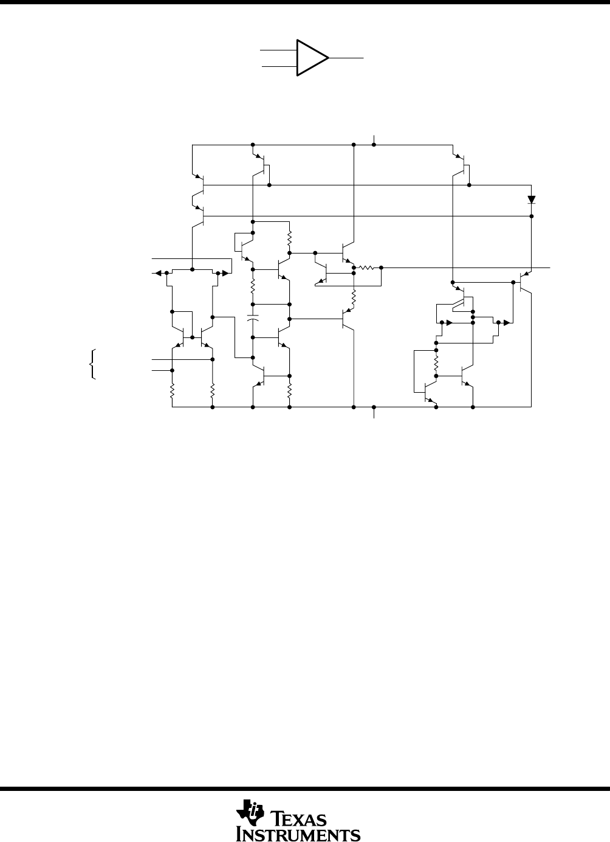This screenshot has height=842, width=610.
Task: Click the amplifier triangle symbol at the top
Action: (x=312, y=58)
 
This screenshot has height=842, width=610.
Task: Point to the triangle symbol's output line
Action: (x=346, y=58)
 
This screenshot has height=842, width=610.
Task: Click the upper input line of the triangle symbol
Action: (x=278, y=50)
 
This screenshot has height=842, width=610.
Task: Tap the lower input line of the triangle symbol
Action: (x=279, y=66)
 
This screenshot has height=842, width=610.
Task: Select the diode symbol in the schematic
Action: (x=532, y=199)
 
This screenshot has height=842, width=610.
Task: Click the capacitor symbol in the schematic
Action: (x=253, y=319)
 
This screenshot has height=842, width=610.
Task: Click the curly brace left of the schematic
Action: (x=92, y=364)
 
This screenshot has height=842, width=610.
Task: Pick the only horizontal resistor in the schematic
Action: (x=366, y=267)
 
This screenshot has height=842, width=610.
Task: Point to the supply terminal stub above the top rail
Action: (x=374, y=140)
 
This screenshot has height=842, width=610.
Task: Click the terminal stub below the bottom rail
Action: (x=374, y=412)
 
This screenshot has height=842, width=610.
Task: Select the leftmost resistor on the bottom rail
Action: (x=172, y=391)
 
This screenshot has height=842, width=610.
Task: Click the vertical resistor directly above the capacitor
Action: (x=253, y=287)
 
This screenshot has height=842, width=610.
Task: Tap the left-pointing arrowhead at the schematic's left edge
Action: (x=158, y=274)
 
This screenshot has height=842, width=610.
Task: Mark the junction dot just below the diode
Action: (x=532, y=216)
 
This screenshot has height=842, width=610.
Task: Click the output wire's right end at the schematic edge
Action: (x=550, y=267)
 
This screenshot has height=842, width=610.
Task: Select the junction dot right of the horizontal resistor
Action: (x=382, y=267)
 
